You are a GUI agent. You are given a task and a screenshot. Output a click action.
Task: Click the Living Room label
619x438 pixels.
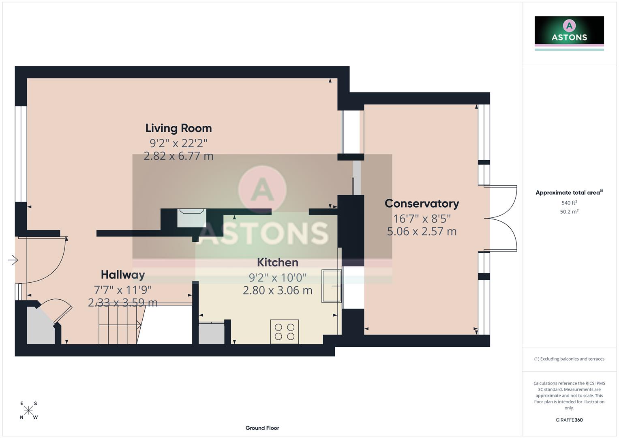[x=178, y=128]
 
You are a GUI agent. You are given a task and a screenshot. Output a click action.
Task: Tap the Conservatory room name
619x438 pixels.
[x=422, y=203]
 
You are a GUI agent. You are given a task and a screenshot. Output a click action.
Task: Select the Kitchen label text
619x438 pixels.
[x=278, y=262]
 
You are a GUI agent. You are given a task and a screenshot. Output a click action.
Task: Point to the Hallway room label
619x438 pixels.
[x=123, y=275]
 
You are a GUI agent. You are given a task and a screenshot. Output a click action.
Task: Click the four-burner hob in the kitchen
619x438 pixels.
[x=285, y=331]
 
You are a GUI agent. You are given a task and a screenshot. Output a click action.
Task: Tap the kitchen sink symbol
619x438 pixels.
[x=331, y=286]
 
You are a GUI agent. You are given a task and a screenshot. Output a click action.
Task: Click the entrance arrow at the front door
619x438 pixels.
[x=13, y=260]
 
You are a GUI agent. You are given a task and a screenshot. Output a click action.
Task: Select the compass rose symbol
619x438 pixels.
[x=29, y=410]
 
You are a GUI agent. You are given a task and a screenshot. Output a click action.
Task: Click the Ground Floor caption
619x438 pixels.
[x=262, y=428]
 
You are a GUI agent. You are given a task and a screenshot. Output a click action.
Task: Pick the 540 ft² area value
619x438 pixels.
[x=569, y=203]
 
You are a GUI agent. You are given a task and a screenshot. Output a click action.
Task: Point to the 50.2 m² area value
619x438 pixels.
[x=569, y=212]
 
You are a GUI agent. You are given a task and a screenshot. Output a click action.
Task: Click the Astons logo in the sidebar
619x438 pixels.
[x=569, y=33]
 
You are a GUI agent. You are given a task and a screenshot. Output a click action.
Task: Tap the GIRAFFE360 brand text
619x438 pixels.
[x=569, y=420]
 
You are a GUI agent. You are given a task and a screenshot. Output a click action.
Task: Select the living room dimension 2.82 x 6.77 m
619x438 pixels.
[x=178, y=156]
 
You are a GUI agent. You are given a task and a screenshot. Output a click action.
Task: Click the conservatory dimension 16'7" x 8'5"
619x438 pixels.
[x=422, y=219]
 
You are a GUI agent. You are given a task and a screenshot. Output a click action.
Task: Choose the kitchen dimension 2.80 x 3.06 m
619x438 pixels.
[x=278, y=290]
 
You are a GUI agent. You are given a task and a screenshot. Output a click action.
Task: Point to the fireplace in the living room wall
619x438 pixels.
[x=192, y=218]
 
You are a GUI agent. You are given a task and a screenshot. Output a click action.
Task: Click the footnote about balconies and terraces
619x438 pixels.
[x=569, y=359]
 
